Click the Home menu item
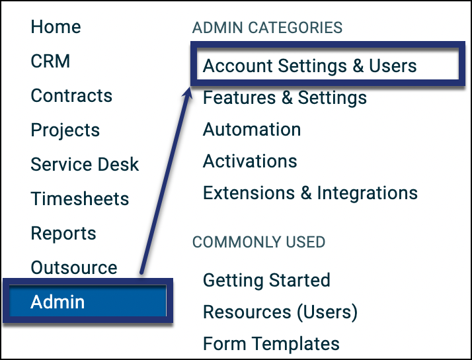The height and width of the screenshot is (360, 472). [x=56, y=27]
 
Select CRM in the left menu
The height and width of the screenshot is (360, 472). [x=50, y=61]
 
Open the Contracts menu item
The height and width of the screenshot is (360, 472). [x=71, y=95]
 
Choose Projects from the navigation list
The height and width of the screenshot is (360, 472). [x=65, y=130]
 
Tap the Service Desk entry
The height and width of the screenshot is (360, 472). [x=85, y=165]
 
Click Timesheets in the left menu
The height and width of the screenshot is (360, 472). [x=80, y=199]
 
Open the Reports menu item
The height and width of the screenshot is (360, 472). [x=63, y=234]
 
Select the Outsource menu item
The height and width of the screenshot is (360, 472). [x=74, y=267]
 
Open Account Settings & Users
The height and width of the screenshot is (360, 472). [x=310, y=66]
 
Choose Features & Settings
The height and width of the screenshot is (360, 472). [x=285, y=98]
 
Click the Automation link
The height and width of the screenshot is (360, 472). [x=252, y=130]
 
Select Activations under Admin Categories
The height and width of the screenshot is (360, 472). [x=250, y=161]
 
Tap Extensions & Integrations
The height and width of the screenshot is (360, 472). [x=310, y=193]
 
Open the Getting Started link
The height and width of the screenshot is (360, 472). [x=266, y=281]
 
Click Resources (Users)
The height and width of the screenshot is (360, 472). [x=280, y=312]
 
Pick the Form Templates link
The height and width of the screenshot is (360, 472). [x=271, y=343]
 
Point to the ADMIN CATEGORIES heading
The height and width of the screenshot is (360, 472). [x=267, y=28]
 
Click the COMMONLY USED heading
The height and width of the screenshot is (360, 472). [x=259, y=242]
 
